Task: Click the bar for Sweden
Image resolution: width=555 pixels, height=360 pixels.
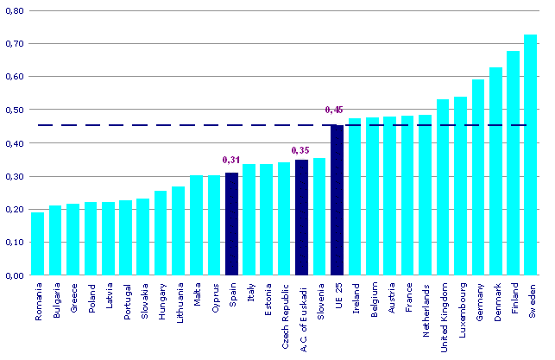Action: point(530,155)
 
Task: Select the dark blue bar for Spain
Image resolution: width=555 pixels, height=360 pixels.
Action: point(231,224)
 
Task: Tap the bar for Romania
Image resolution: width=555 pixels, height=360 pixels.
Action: point(38,244)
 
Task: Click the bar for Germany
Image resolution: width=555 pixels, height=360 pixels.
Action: point(477,178)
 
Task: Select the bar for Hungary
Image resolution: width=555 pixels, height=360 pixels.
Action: point(161,233)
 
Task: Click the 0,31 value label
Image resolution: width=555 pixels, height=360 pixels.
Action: point(230,161)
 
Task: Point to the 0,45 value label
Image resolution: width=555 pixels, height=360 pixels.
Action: point(335,110)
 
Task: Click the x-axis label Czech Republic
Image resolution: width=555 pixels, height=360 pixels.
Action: point(285,310)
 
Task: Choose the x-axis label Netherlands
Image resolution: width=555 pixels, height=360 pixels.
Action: point(426,307)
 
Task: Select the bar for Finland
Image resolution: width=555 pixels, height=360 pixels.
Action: point(513,164)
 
